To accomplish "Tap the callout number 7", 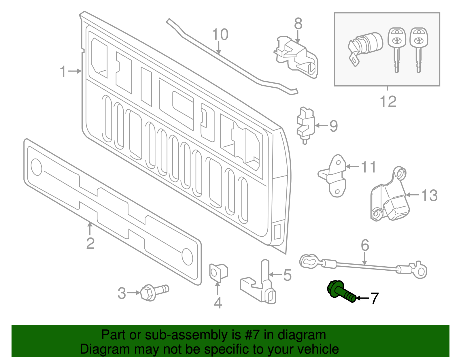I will pyautogui.click(x=374, y=298).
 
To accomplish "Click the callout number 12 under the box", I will pyautogui.click(x=388, y=101).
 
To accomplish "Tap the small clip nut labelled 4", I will pyautogui.click(x=218, y=272).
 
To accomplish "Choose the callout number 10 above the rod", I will pyautogui.click(x=220, y=35).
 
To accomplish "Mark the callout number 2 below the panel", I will pyautogui.click(x=90, y=244).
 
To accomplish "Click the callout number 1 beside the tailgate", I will pyautogui.click(x=63, y=71).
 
